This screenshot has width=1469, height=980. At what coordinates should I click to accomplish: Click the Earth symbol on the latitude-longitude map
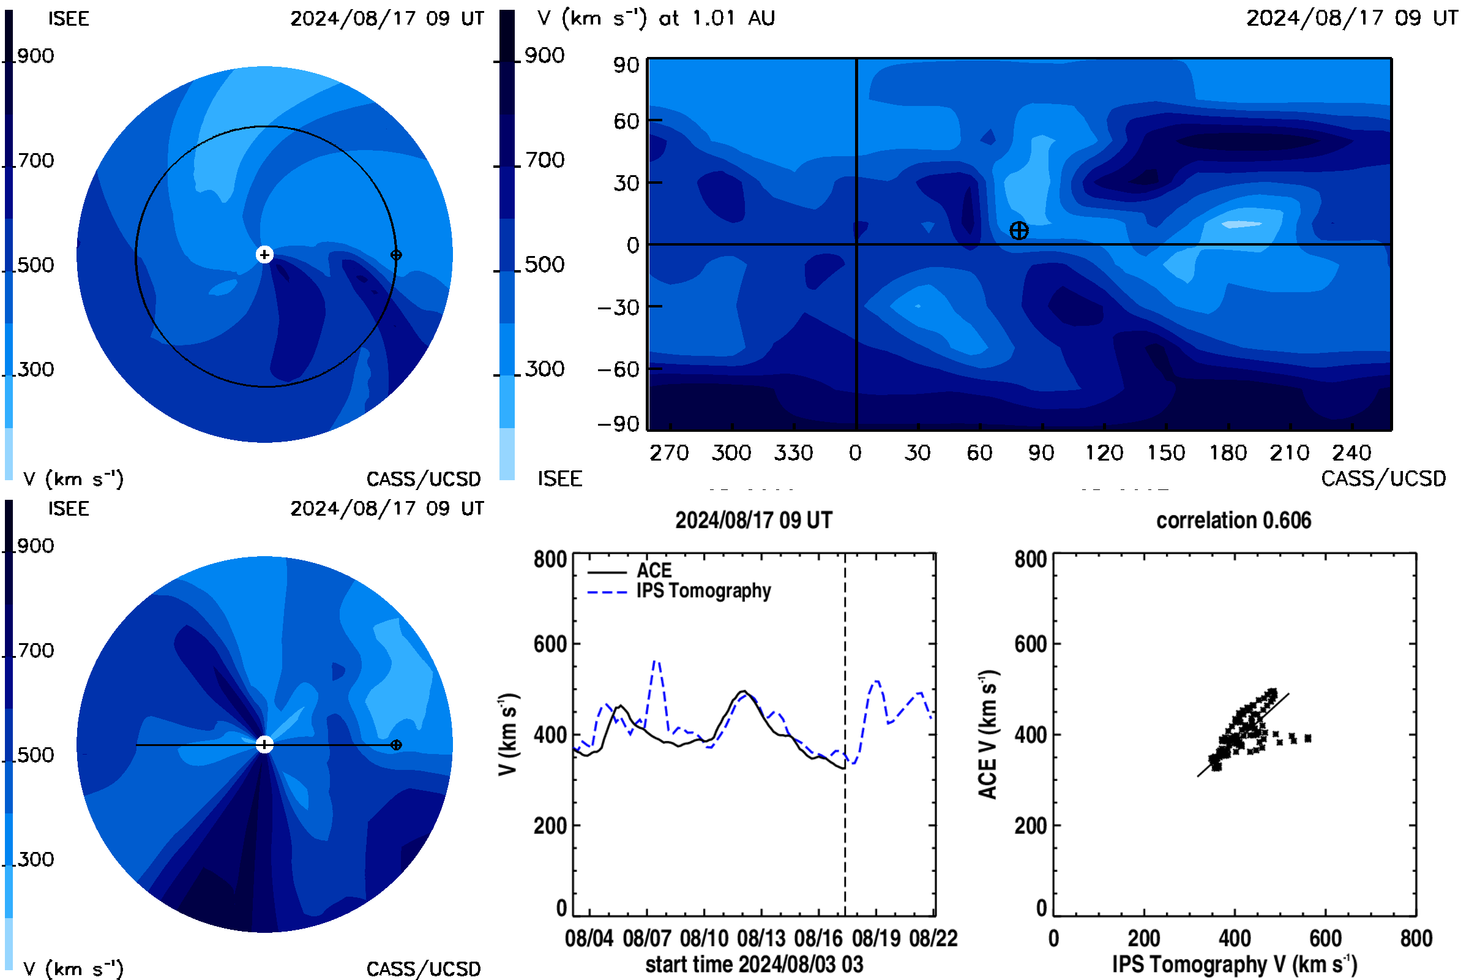[x=1019, y=231]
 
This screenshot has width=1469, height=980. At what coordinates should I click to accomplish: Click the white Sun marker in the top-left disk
[x=265, y=254]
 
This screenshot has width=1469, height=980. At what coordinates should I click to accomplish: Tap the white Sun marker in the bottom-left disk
[x=265, y=744]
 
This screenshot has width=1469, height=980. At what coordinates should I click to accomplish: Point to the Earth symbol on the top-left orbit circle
[x=396, y=254]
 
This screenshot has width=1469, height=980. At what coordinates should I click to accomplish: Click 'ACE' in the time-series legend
[x=654, y=570]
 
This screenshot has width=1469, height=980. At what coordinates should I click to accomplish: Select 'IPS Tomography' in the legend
[x=703, y=590]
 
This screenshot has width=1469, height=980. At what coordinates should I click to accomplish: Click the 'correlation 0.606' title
[x=1233, y=520]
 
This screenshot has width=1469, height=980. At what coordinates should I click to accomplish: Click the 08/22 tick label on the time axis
[x=933, y=938]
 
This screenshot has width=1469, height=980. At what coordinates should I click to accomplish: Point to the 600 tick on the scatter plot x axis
[x=1325, y=938]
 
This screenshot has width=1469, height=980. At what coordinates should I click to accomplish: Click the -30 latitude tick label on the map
[x=619, y=307]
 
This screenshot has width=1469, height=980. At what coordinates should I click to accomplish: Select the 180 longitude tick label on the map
[x=1228, y=453]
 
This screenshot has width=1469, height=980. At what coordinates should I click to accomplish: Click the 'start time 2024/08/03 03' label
[x=754, y=964]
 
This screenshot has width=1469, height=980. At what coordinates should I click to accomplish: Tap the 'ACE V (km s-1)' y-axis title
[x=988, y=734]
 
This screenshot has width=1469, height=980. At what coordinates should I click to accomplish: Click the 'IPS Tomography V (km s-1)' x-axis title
[x=1235, y=964]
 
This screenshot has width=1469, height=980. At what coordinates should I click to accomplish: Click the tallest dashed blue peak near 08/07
[x=656, y=661]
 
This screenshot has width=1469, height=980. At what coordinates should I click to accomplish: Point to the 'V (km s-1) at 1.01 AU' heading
[x=656, y=18]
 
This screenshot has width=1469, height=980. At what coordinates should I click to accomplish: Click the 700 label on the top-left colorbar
[x=35, y=160]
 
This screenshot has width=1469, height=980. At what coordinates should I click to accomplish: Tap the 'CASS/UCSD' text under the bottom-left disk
[x=424, y=969]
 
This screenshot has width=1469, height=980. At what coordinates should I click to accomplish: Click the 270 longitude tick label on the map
[x=669, y=453]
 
